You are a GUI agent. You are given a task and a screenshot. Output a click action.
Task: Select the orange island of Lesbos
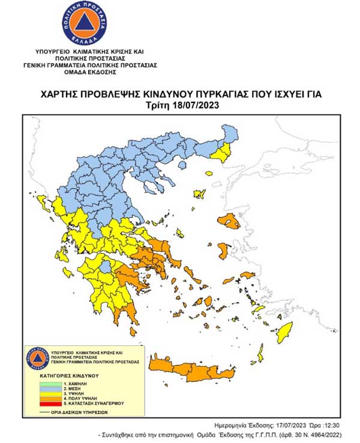230,222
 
